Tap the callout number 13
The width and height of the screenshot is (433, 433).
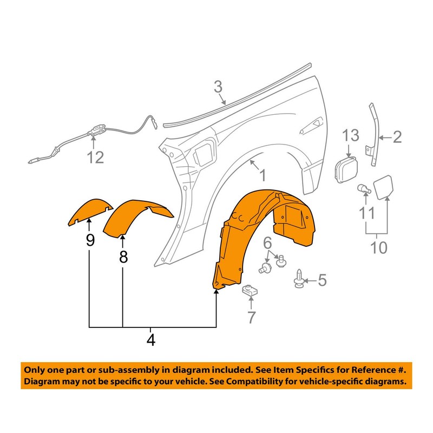[x=351, y=134]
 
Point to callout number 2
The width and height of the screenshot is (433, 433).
[x=397, y=137]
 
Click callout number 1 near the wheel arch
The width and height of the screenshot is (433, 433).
[x=261, y=175]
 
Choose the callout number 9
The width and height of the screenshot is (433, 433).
[x=90, y=240]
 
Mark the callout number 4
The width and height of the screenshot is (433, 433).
[x=150, y=340]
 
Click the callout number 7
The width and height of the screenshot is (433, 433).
[x=251, y=318]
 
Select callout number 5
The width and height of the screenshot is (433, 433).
[x=322, y=280]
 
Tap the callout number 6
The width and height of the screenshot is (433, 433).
[x=267, y=244]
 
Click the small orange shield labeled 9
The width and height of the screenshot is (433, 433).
[x=89, y=211]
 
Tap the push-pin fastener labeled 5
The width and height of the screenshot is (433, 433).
[x=298, y=279]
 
